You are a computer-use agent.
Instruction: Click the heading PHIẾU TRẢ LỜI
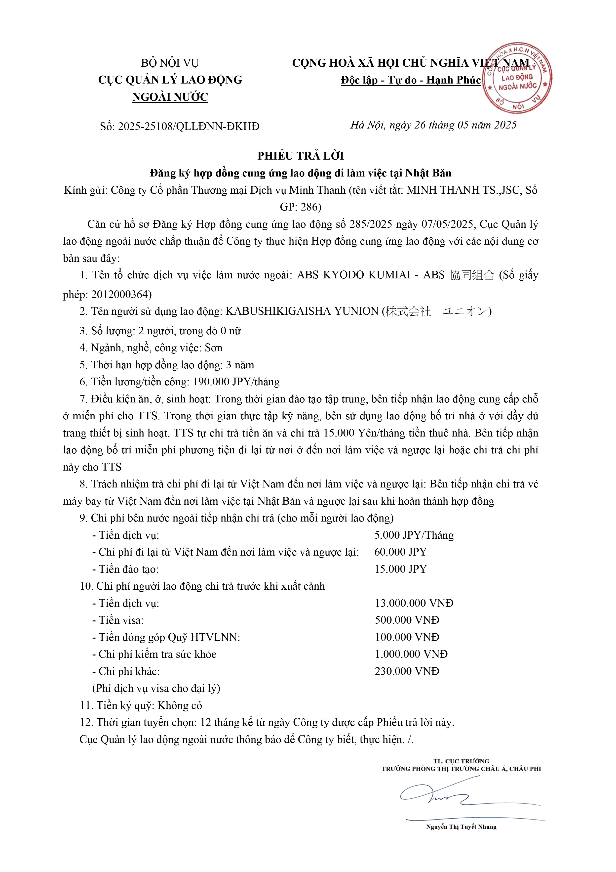point(301,156)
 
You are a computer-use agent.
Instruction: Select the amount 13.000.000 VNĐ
point(414,603)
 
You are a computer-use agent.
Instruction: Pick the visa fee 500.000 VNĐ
point(407,620)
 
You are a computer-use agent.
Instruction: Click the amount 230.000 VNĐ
point(407,671)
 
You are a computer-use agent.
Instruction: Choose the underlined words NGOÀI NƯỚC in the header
point(170,97)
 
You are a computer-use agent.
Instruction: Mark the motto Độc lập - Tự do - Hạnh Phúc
point(411,80)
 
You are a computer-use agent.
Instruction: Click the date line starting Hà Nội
point(433,125)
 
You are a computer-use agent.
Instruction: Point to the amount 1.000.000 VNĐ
point(411,654)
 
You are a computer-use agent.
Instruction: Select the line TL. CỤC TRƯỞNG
point(461,761)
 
